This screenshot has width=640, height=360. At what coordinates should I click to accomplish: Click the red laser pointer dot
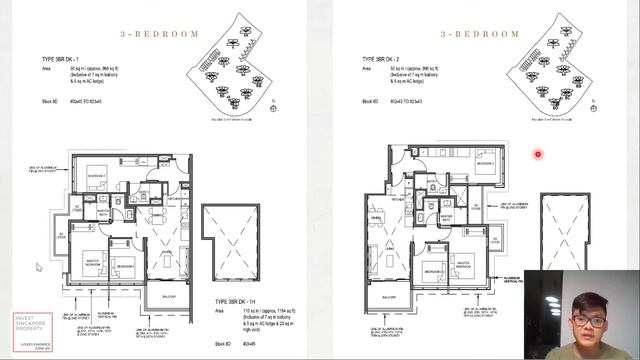(537, 154)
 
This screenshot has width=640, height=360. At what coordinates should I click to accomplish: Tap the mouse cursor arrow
(39, 267)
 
